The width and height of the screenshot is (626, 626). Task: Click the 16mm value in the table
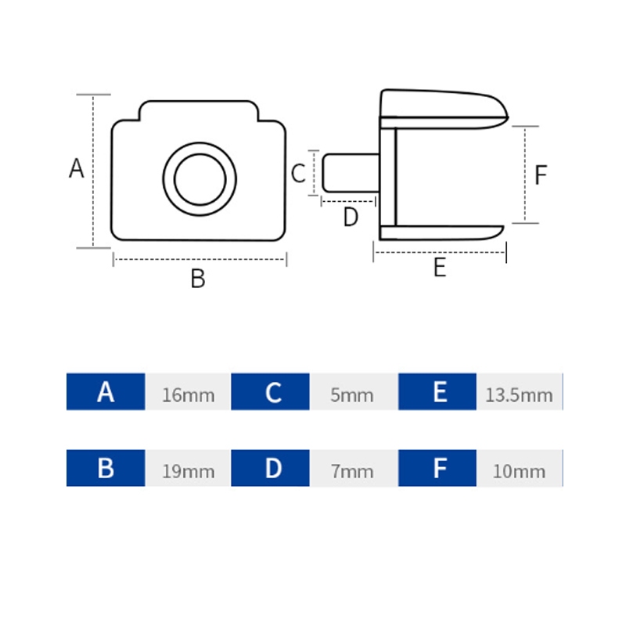point(188,395)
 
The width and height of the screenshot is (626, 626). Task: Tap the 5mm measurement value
point(351,395)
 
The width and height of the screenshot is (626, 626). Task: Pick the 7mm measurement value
point(351,472)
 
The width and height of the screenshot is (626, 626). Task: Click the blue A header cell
point(106,392)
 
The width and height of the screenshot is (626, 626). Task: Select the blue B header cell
point(106,468)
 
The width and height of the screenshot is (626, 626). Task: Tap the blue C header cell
point(270,392)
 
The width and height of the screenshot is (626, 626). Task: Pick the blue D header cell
point(270,468)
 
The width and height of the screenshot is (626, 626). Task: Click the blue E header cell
point(437,392)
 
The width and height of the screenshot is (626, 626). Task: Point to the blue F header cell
point(437,468)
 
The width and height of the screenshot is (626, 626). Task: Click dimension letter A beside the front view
point(76,168)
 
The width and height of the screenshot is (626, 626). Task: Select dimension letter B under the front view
point(198,279)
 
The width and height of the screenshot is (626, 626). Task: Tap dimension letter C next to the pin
point(298,174)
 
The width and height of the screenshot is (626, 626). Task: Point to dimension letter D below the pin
point(351,218)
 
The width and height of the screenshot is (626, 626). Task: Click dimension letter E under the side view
point(440,268)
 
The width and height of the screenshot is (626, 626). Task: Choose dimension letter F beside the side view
point(541,174)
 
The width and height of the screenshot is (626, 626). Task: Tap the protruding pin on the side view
point(351,173)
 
